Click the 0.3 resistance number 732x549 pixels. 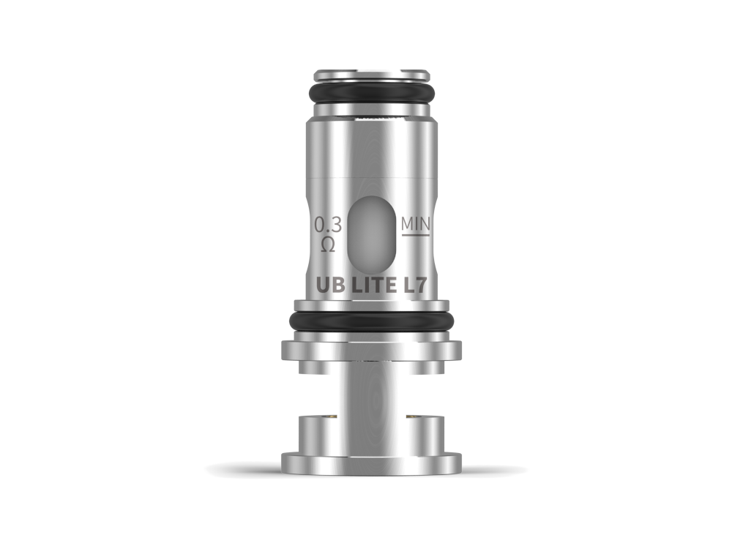pyautogui.click(x=328, y=225)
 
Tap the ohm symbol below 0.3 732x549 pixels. pyautogui.click(x=328, y=244)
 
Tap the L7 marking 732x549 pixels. pyautogui.click(x=414, y=285)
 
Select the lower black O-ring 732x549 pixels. pyautogui.click(x=371, y=321)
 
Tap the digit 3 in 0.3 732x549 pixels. pyautogui.click(x=335, y=225)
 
